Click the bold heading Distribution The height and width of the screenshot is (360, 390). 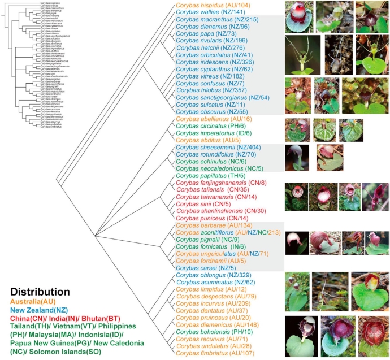click(x=40, y=292)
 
